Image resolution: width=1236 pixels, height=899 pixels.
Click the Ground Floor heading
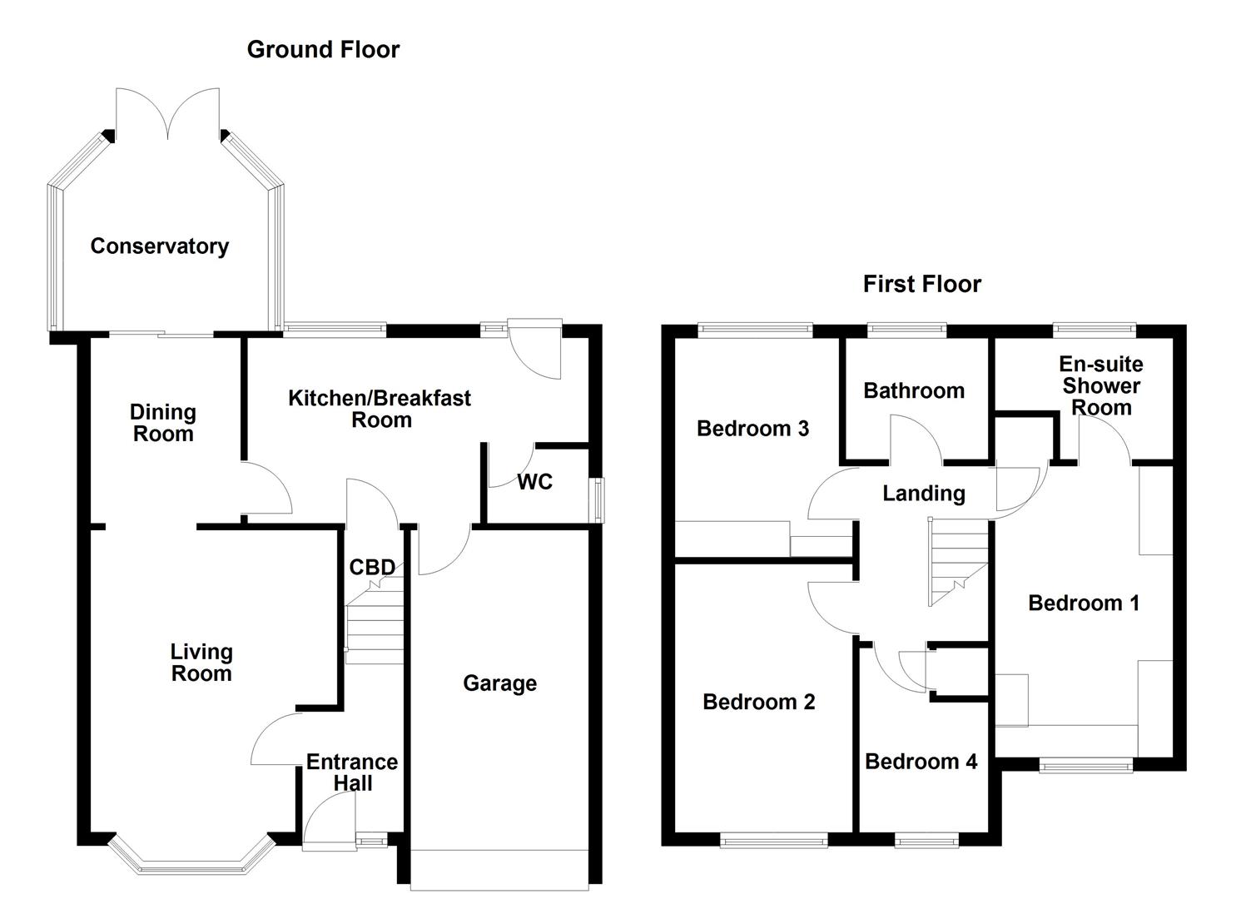pyautogui.click(x=323, y=50)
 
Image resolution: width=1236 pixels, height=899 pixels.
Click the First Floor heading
pyautogui.click(x=921, y=285)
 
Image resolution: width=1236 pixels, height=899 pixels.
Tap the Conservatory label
pyautogui.click(x=159, y=246)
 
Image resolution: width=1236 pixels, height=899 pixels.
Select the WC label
pyautogui.click(x=534, y=483)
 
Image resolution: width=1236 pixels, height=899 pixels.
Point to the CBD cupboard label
pyautogui.click(x=372, y=568)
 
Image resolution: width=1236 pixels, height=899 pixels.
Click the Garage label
pyautogui.click(x=499, y=683)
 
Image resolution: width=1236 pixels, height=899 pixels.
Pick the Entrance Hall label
pyautogui.click(x=352, y=772)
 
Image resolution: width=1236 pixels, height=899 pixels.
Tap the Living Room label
pyautogui.click(x=201, y=663)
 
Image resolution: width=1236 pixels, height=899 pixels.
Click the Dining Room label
pyautogui.click(x=163, y=423)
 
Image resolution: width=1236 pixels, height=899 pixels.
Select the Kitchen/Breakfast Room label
pyautogui.click(x=380, y=409)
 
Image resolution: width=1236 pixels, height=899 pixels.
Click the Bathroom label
pyautogui.click(x=914, y=391)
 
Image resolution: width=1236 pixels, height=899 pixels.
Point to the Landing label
pyautogui.click(x=924, y=494)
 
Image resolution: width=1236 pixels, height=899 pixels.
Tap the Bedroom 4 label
pyautogui.click(x=921, y=762)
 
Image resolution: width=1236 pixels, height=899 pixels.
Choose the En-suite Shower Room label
pyautogui.click(x=1100, y=386)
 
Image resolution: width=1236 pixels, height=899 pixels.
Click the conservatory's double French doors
pyautogui.click(x=169, y=117)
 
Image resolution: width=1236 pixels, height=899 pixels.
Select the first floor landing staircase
pyautogui.click(x=957, y=562)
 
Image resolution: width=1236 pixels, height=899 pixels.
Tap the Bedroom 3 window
pyautogui.click(x=755, y=330)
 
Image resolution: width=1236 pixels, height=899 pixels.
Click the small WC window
pyautogui.click(x=597, y=499)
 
